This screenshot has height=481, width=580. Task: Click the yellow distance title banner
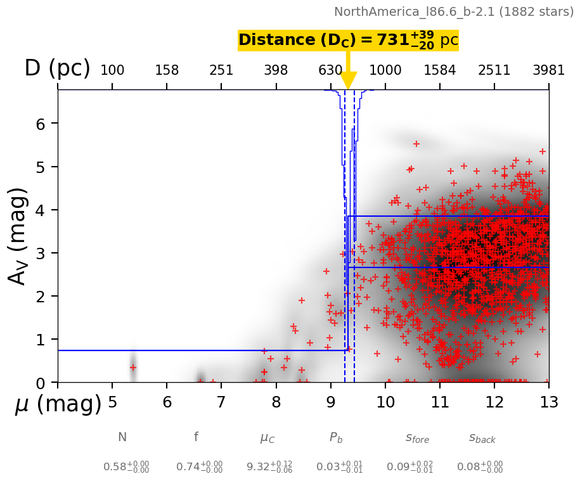pos(348,41)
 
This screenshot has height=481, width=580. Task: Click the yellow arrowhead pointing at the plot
pos(348,81)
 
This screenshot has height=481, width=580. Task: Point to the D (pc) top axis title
pos(57,68)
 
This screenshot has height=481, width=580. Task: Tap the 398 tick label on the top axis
pos(276,70)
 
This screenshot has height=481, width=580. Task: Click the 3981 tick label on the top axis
pos(548,70)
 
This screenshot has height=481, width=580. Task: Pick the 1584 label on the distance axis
pos(440,70)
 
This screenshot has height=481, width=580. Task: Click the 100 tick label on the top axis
pos(112,70)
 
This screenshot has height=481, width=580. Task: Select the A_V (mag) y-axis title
pos(18,236)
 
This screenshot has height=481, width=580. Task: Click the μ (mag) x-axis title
pos(58,404)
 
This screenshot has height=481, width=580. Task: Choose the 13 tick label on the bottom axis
pos(548,402)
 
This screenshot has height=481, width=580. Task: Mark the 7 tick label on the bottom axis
pos(221,402)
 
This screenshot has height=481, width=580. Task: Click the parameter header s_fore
pos(417,438)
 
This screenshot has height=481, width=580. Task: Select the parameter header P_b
pos(337,438)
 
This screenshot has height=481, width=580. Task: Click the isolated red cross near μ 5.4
pos(133,368)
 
